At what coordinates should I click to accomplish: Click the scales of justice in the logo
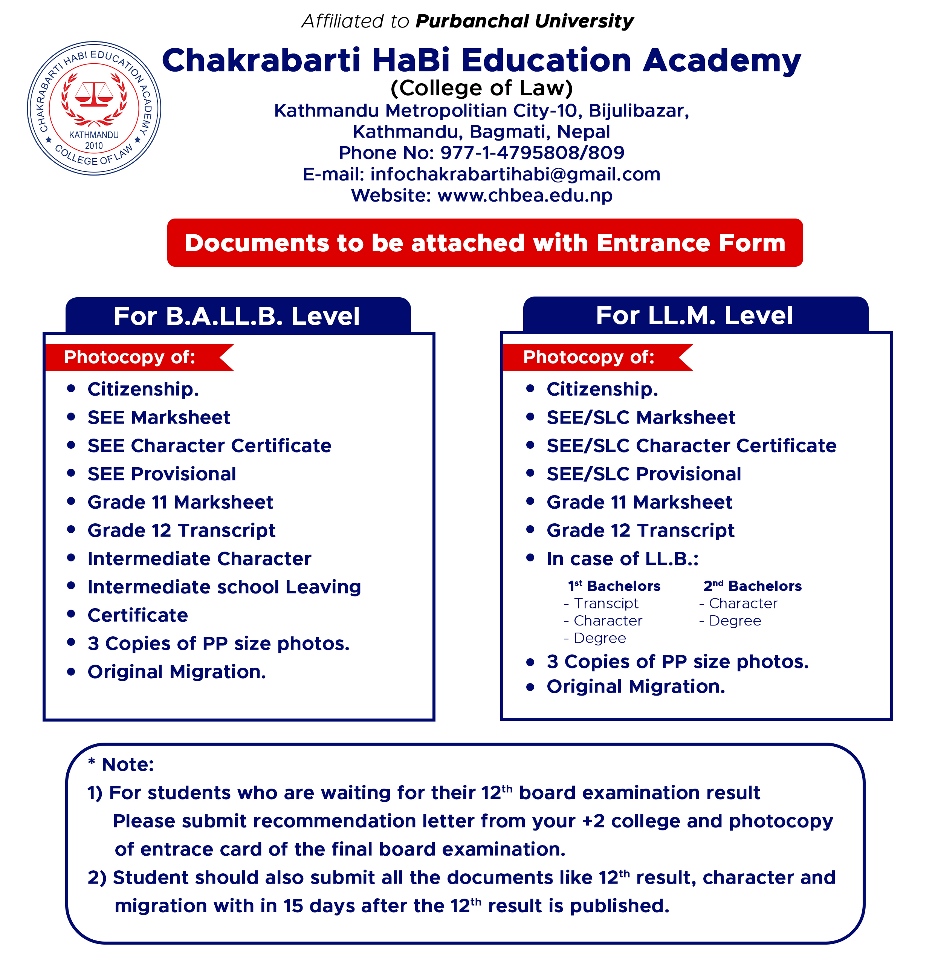(94, 94)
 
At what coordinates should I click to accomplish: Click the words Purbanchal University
(524, 21)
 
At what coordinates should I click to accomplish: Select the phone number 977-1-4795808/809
(532, 153)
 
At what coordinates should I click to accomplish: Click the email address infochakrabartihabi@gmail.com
(515, 174)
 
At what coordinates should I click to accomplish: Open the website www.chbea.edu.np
(525, 196)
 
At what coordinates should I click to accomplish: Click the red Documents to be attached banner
(484, 243)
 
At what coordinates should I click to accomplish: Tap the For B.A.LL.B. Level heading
(237, 316)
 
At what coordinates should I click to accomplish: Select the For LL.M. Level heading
(694, 315)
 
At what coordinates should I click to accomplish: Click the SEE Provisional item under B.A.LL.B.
(162, 474)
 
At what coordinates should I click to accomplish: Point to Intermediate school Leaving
(224, 587)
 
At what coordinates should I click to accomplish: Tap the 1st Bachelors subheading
(614, 586)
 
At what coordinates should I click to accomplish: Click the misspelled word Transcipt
(606, 604)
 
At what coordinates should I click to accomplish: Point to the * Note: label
(121, 764)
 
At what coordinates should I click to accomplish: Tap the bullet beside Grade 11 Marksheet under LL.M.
(530, 501)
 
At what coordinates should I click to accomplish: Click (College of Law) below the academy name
(481, 88)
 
